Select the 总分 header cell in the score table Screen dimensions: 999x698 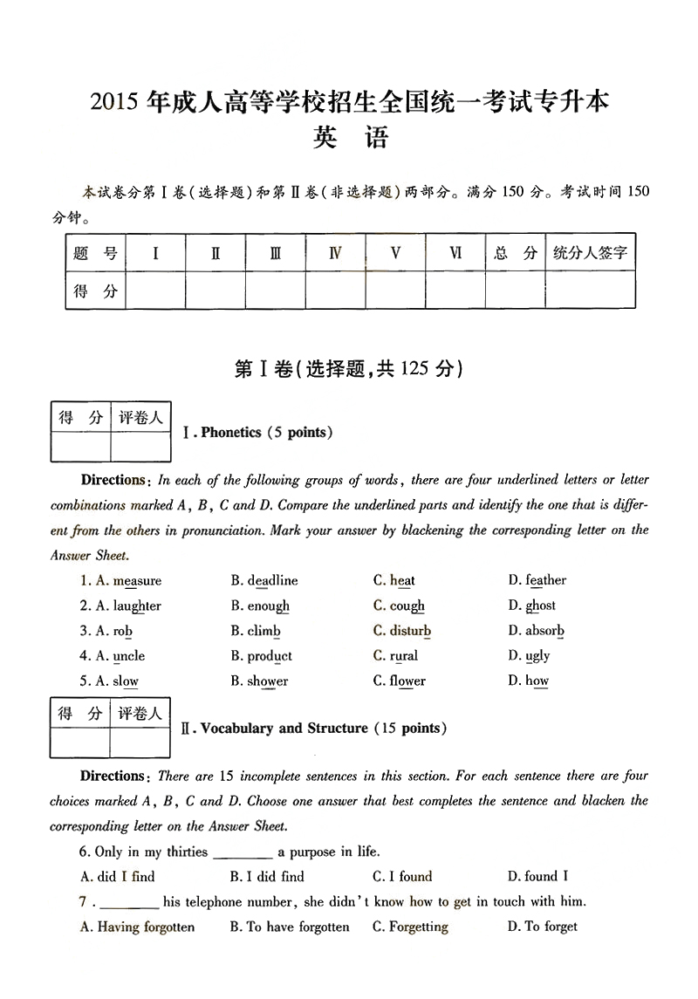point(515,254)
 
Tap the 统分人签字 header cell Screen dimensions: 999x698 point(590,254)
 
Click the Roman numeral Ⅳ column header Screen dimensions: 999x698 point(335,254)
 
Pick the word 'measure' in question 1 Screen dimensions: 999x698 point(137,581)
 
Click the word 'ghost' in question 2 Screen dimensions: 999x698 point(540,606)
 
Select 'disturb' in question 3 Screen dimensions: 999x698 point(410,631)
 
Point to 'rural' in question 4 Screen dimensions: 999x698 point(404,656)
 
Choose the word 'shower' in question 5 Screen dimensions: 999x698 point(267,681)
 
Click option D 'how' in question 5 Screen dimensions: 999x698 point(537,681)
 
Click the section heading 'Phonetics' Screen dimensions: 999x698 point(231,433)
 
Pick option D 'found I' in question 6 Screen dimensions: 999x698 point(546,877)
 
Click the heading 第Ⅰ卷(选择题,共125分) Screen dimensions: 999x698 point(348,369)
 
